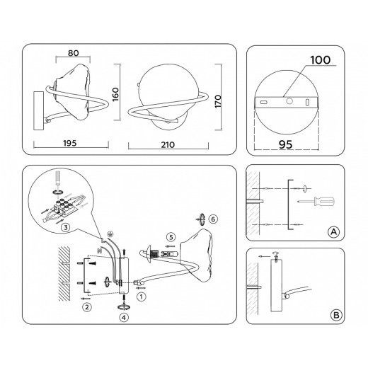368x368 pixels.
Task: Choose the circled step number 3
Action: pos(64,227)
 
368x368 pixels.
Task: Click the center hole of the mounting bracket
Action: pos(289,101)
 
